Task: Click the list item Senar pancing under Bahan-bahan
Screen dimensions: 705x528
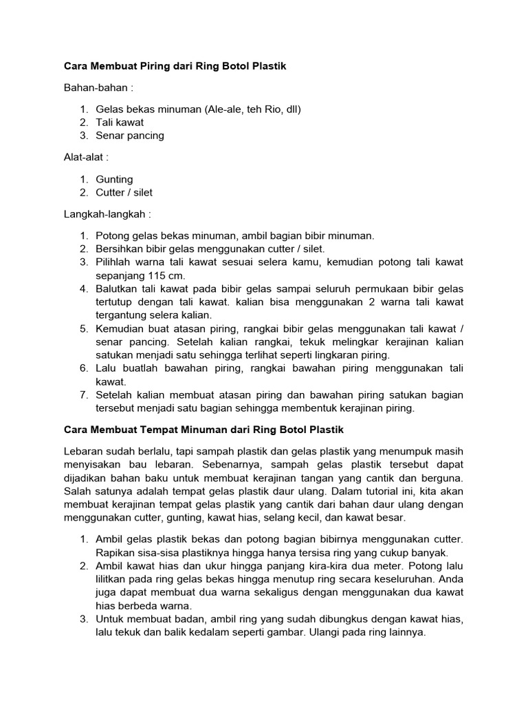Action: [x=130, y=136]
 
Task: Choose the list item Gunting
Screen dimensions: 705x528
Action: [x=114, y=179]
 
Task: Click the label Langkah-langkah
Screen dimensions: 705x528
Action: [x=107, y=214]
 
